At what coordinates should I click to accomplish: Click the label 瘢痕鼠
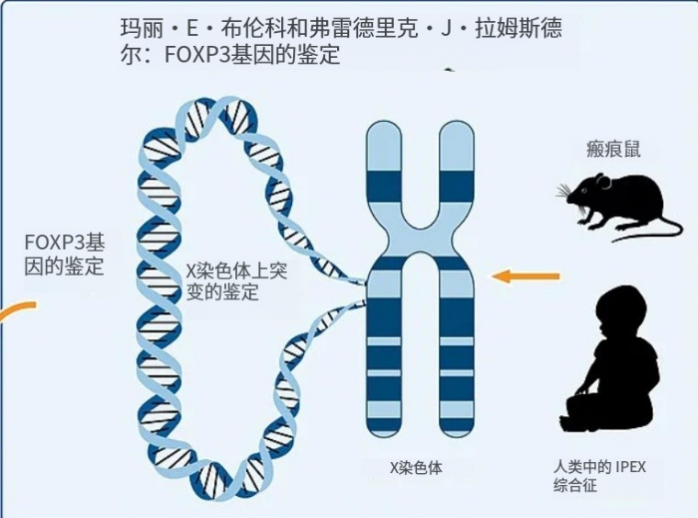614,150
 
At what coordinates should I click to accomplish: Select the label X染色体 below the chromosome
416,467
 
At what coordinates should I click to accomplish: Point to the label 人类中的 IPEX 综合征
599,476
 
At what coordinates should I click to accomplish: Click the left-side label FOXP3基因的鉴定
64,254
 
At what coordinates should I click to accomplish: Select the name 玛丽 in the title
136,28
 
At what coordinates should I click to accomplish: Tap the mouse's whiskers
563,192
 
